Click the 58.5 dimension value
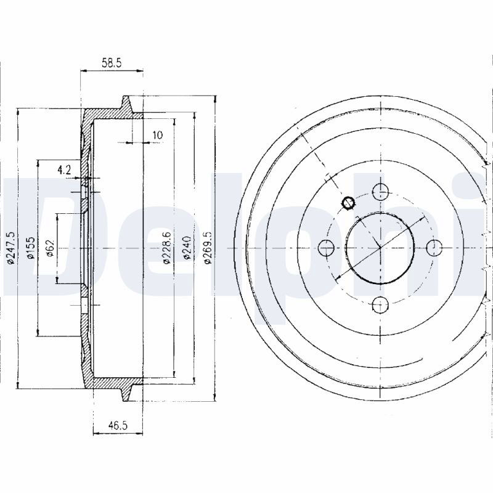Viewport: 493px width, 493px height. coord(112,63)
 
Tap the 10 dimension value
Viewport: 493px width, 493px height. coord(158,135)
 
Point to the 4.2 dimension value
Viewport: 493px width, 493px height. coord(64,170)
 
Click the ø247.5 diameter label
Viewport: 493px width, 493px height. coord(11,248)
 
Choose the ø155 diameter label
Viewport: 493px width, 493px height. coord(30,248)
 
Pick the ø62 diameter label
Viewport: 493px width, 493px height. coord(51,248)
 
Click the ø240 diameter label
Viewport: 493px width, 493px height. coord(187,248)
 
